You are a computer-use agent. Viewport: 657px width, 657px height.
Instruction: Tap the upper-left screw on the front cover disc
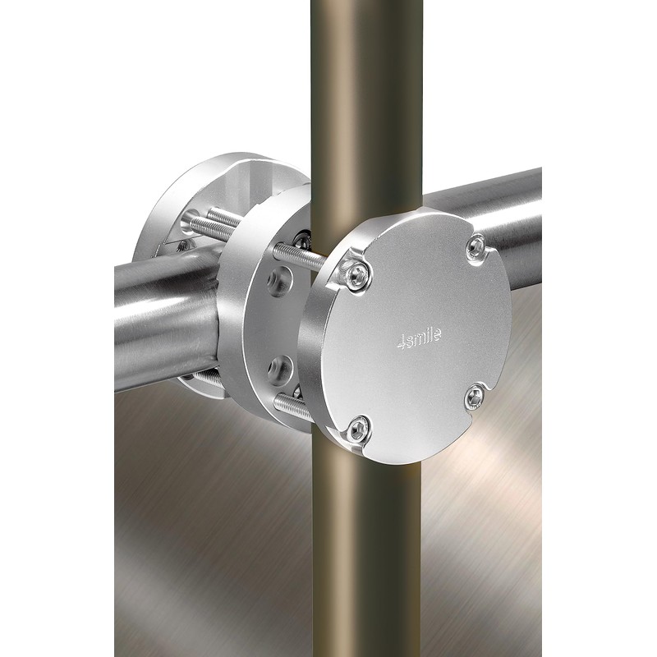click(x=357, y=274)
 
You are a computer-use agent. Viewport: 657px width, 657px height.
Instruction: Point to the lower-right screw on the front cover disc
click(x=476, y=396)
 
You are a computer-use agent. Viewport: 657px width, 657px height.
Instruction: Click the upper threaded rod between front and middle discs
click(x=298, y=256)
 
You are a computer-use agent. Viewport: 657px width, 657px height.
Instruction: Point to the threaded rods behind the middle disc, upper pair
click(x=212, y=223)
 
